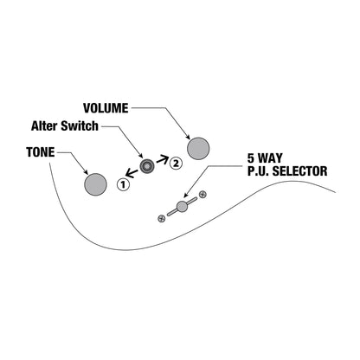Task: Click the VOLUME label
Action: [x=106, y=108]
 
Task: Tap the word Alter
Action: [x=43, y=126]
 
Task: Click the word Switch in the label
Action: [x=79, y=126]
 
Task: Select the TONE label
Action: [x=41, y=152]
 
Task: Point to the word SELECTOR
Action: [x=300, y=171]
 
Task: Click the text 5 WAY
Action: [x=265, y=158]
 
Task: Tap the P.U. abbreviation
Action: [x=259, y=171]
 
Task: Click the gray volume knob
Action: [x=198, y=149]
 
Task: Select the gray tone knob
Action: [x=95, y=184]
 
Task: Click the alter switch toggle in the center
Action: [x=147, y=166]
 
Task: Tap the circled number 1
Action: [x=123, y=184]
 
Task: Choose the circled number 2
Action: [x=176, y=164]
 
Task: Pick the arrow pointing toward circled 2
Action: [x=162, y=159]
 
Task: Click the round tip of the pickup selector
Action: [x=182, y=207]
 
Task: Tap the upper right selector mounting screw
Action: [x=202, y=195]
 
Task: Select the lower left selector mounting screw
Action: [x=162, y=218]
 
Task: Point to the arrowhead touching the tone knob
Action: [x=86, y=172]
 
